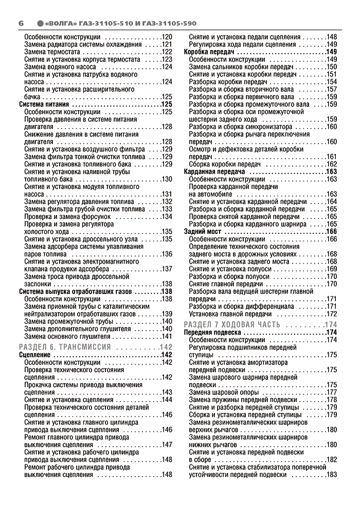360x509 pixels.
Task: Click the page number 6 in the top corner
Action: point(21,23)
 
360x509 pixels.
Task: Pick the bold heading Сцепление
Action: point(35,355)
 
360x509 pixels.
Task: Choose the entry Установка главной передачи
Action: point(226,314)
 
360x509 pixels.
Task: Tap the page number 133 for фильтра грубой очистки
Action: point(166,209)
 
